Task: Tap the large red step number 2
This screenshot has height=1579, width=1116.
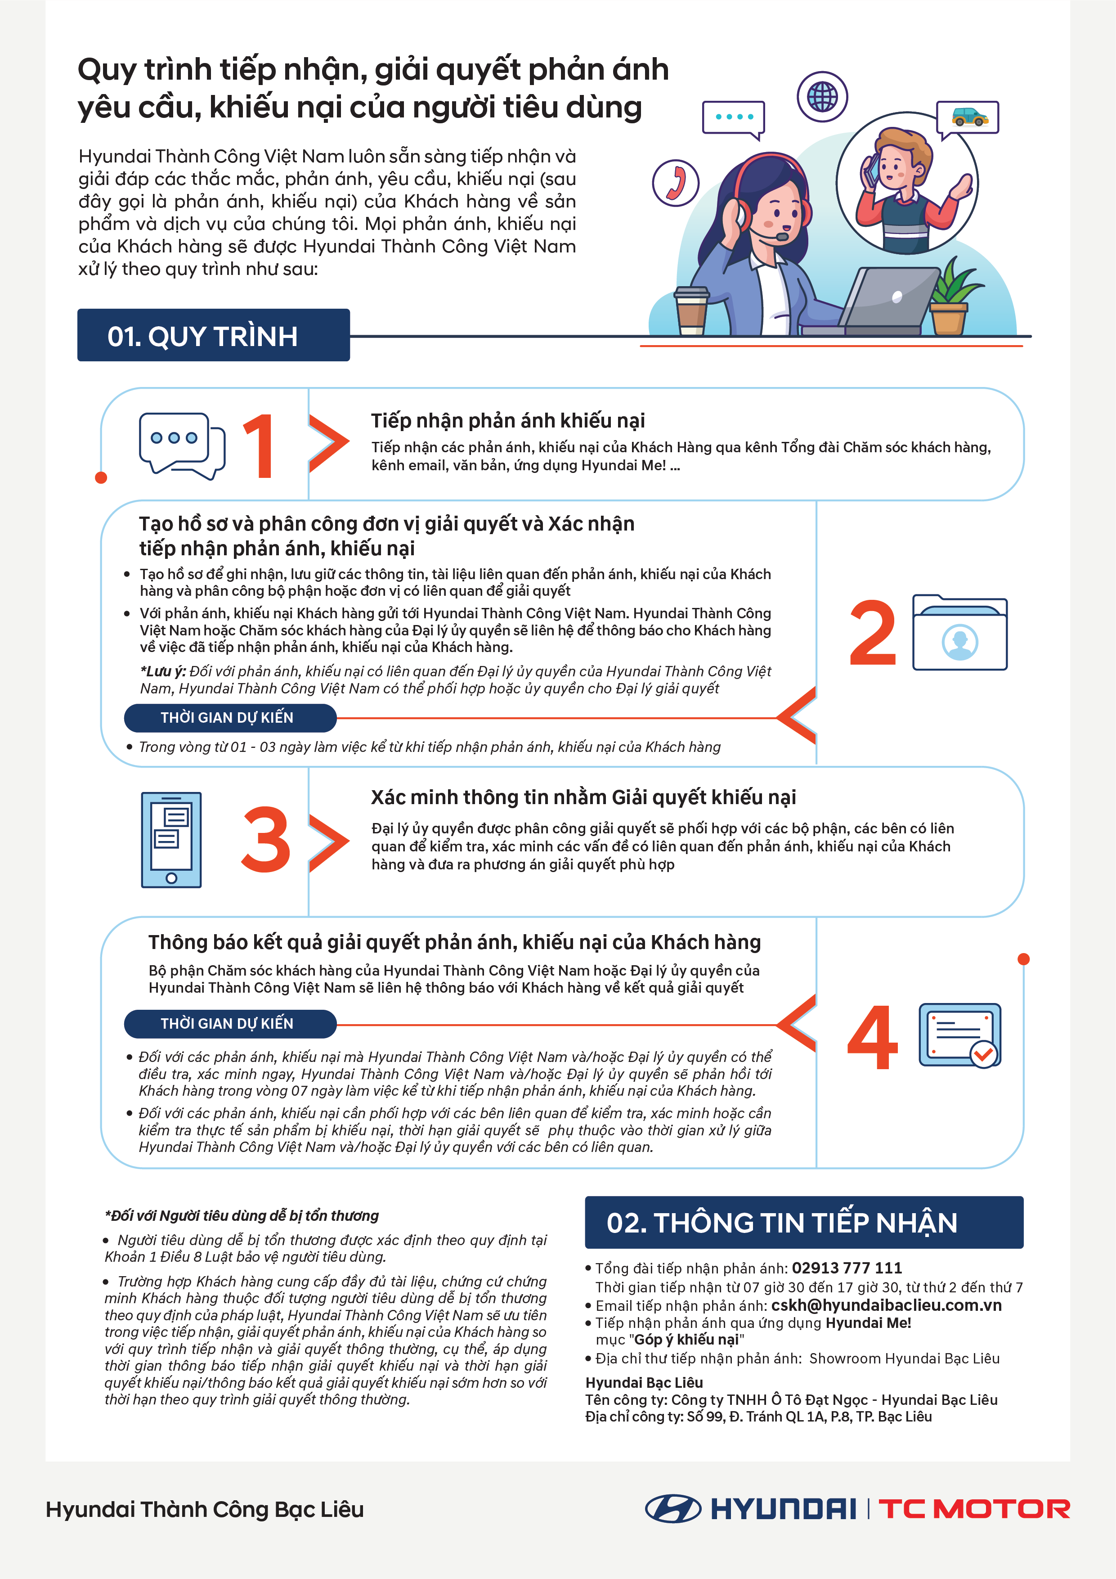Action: (873, 633)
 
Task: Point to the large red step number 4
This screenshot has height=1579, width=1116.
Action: (873, 1037)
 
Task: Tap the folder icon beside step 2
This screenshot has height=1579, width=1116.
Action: (960, 632)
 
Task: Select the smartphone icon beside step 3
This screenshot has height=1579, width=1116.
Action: (171, 840)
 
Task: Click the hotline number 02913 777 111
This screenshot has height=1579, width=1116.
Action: (847, 1268)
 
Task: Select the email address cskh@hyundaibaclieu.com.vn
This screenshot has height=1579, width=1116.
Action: (886, 1305)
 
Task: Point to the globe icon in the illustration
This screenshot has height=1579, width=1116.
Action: (822, 96)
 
